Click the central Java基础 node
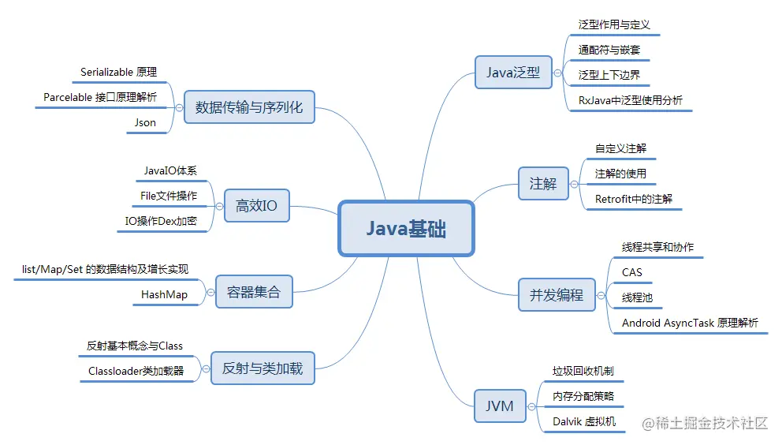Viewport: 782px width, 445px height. coord(406,229)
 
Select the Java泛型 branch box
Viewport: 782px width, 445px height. coord(513,73)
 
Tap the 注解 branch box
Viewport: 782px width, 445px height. coord(543,184)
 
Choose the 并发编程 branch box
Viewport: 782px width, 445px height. coord(557,294)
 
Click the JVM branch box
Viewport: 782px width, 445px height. coord(499,406)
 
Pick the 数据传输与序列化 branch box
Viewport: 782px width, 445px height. coord(249,107)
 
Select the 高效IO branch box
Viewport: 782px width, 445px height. coord(256,207)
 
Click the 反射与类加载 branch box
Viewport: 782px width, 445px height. coord(263,368)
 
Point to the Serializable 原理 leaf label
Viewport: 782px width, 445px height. coord(119,72)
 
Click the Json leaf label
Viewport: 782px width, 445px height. coord(146,122)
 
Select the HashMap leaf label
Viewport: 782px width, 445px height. coord(165,294)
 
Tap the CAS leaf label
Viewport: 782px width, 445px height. coord(632,272)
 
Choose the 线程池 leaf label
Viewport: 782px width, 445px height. coord(637,297)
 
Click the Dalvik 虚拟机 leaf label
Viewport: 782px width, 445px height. coord(584,421)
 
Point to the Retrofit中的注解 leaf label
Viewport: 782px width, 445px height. coord(634,199)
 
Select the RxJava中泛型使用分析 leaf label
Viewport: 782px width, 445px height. coord(631,100)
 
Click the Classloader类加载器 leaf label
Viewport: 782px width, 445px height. coord(136,371)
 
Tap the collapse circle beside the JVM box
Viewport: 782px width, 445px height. coord(530,407)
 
